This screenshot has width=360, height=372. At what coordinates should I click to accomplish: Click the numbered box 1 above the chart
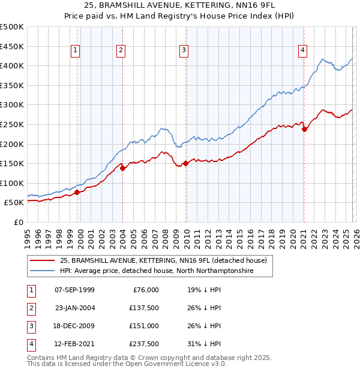pyautogui.click(x=76, y=51)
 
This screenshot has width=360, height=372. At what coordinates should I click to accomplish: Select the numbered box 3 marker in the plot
pyautogui.click(x=183, y=51)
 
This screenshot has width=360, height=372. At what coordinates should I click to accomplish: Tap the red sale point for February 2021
pyautogui.click(x=304, y=129)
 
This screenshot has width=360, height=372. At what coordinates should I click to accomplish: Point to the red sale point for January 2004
pyautogui.click(x=123, y=169)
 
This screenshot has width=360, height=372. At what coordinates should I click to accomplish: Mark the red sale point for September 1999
pyautogui.click(x=77, y=192)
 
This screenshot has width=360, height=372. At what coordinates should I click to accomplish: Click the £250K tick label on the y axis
pyautogui.click(x=12, y=124)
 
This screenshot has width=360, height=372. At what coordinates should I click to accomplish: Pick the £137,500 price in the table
pyautogui.click(x=144, y=308)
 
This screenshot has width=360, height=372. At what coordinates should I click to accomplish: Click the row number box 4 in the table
pyautogui.click(x=30, y=344)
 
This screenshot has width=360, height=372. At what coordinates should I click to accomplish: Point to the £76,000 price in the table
pyautogui.click(x=146, y=290)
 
